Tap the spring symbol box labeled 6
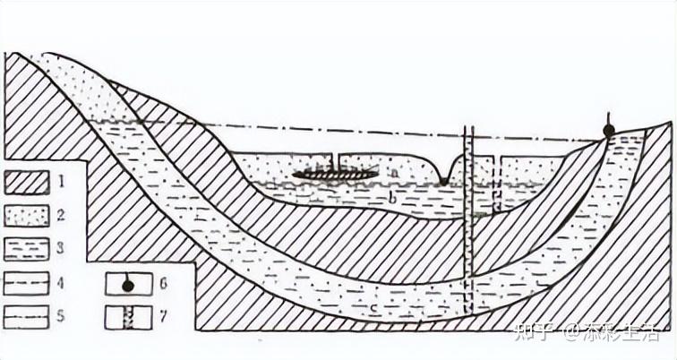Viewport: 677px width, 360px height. (x=126, y=284)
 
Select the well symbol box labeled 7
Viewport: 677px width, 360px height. (x=126, y=316)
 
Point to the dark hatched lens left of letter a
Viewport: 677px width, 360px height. (x=332, y=173)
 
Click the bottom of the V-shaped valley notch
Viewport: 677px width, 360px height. (x=443, y=182)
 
